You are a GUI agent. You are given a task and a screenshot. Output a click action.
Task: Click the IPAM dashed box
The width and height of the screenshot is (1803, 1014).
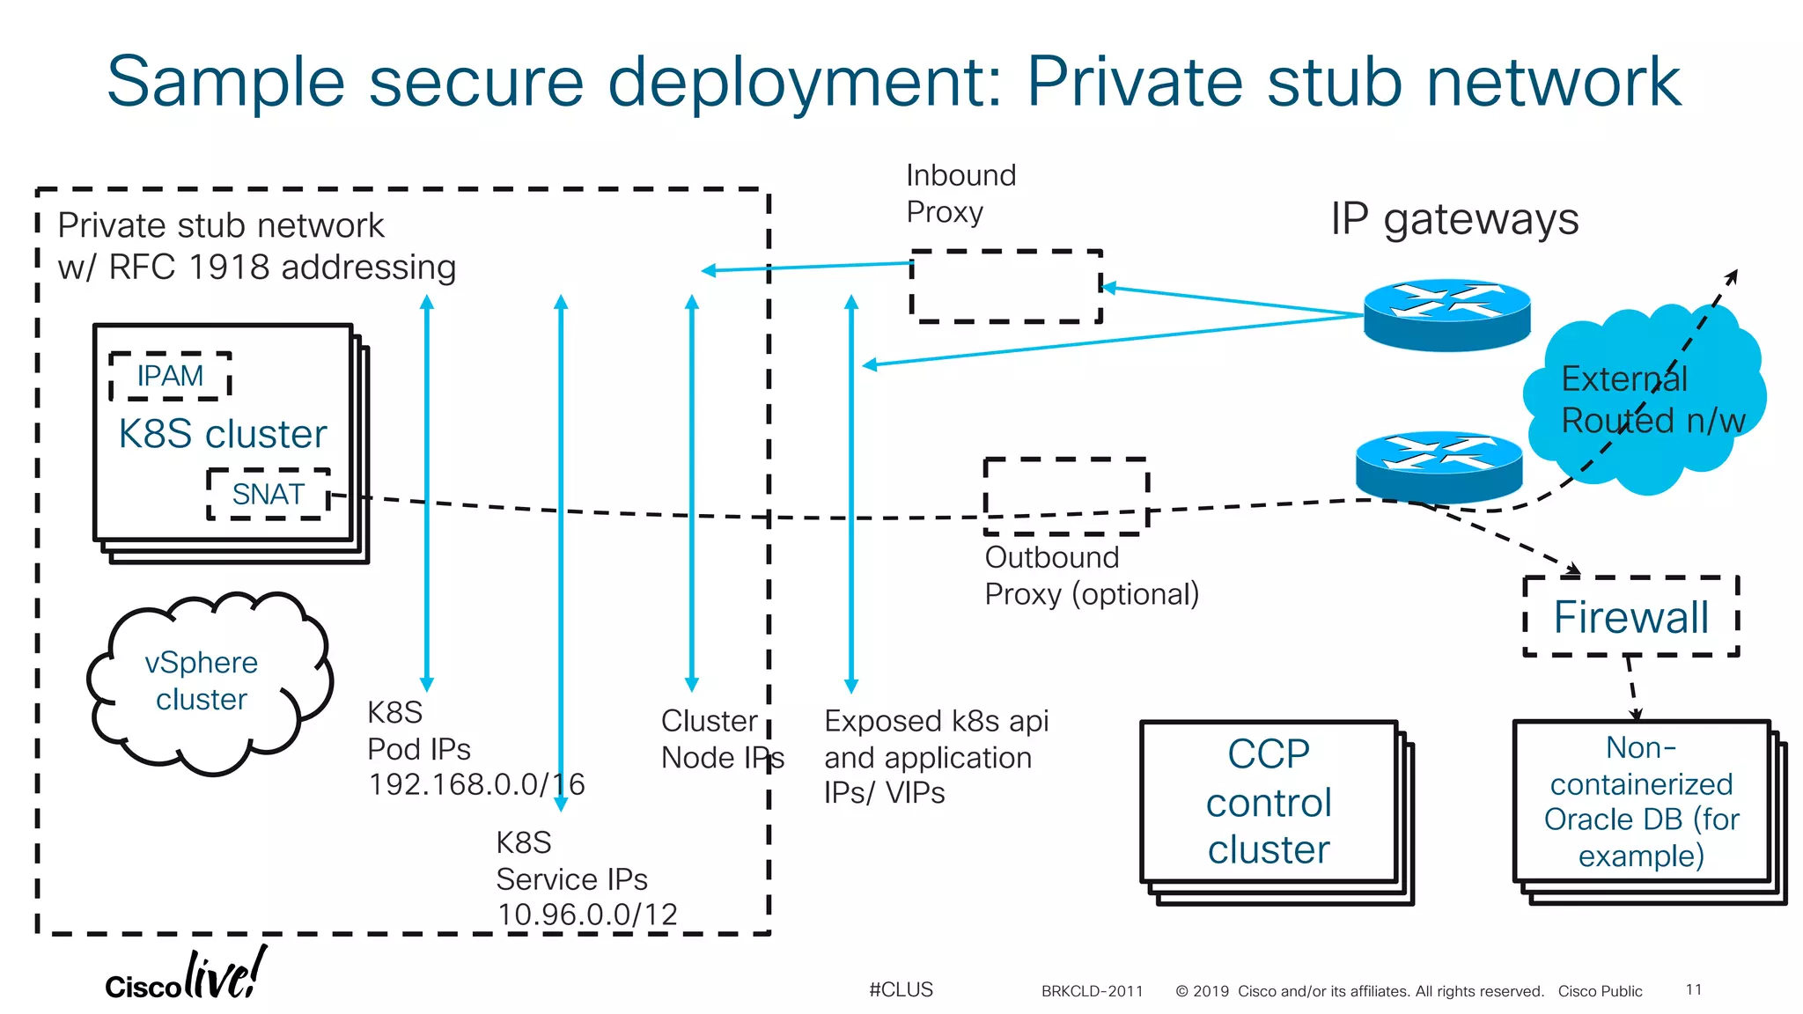pos(170,376)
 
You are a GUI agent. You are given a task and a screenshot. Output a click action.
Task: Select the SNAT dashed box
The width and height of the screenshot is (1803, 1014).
pos(269,494)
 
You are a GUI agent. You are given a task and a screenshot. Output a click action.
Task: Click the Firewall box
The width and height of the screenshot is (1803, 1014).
pos(1630,616)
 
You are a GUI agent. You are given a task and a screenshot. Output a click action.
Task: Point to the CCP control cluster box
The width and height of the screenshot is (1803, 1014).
pos(1269,802)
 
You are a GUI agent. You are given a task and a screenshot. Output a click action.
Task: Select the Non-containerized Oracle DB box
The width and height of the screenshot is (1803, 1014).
pos(1641,801)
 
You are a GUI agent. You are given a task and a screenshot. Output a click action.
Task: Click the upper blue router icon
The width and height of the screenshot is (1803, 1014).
pos(1446,314)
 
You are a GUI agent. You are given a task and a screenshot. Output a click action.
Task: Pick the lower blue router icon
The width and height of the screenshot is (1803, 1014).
pos(1439,466)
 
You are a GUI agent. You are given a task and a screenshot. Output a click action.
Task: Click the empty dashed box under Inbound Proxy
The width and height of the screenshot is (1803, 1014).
pos(1005,286)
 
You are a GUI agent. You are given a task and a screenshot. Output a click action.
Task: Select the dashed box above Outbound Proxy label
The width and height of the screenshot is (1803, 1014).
pos(1066,496)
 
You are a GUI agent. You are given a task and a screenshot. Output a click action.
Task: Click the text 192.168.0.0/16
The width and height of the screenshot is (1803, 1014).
pos(476,784)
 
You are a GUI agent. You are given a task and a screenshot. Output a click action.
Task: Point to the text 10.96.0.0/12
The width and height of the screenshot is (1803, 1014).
pos(587,915)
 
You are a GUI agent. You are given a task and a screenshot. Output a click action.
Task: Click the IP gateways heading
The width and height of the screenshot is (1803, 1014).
pos(1454,218)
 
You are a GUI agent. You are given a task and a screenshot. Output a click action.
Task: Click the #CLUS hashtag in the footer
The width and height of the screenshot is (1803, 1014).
pos(901,989)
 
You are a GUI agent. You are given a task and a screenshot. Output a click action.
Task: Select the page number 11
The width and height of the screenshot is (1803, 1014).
pos(1693,989)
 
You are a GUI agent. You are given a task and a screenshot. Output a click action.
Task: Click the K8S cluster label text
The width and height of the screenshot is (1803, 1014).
pos(223,434)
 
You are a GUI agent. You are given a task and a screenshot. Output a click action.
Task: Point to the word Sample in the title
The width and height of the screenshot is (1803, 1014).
pos(225,81)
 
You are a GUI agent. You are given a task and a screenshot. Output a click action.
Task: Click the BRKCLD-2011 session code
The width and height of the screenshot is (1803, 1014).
pos(1092,991)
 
